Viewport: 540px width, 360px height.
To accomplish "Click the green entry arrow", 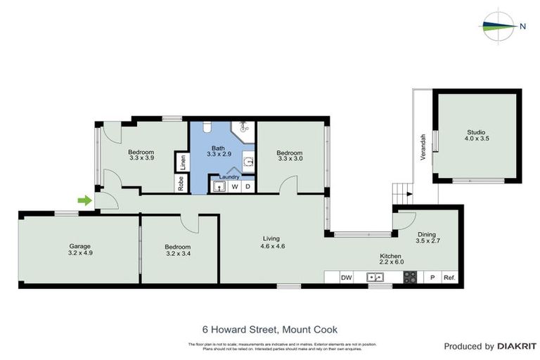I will pos(84,200).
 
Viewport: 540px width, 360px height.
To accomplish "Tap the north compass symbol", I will pos(501,27).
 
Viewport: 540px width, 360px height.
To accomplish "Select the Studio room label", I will pos(476,135).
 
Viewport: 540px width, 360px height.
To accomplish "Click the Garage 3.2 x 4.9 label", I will pos(79,249).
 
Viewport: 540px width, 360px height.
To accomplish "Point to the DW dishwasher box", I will pos(346,278).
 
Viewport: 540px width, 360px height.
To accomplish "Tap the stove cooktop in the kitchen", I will pos(409,278).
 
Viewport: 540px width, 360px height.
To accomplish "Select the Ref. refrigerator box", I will pos(449,278).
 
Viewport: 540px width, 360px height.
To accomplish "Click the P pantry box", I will pos(432,278).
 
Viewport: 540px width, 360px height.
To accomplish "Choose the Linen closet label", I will pos(182,162).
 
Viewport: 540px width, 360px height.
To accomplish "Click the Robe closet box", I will pos(181,184).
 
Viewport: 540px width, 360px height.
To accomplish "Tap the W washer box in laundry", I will pos(235,186).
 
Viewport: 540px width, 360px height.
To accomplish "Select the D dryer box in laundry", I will pos(247,186).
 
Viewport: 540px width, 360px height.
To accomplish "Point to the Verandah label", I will pos(423,147).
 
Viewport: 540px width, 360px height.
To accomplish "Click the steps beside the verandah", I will pos(401,192).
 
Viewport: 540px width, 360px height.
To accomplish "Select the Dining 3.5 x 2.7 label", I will pos(427,238).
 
